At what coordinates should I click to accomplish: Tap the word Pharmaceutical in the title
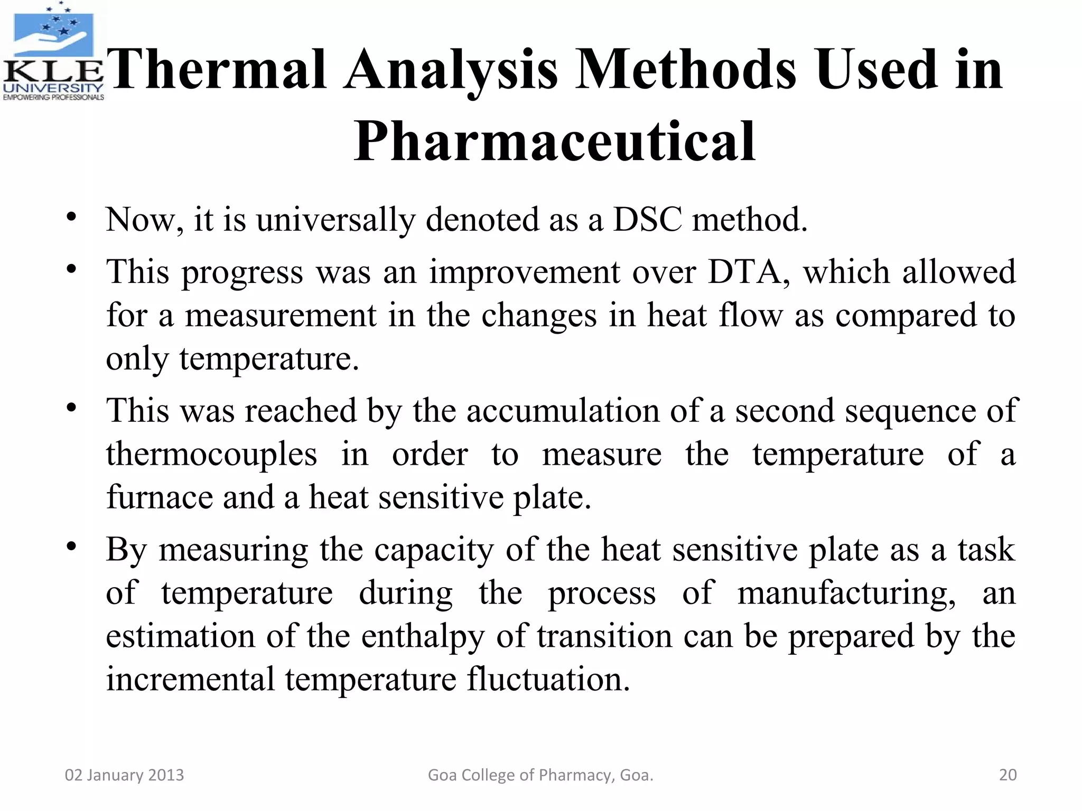tap(555, 142)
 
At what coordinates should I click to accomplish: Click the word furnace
tap(159, 497)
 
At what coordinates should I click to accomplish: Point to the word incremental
tap(190, 679)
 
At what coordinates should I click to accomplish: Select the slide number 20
tap(1008, 775)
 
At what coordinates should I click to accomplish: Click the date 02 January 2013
tap(124, 775)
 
